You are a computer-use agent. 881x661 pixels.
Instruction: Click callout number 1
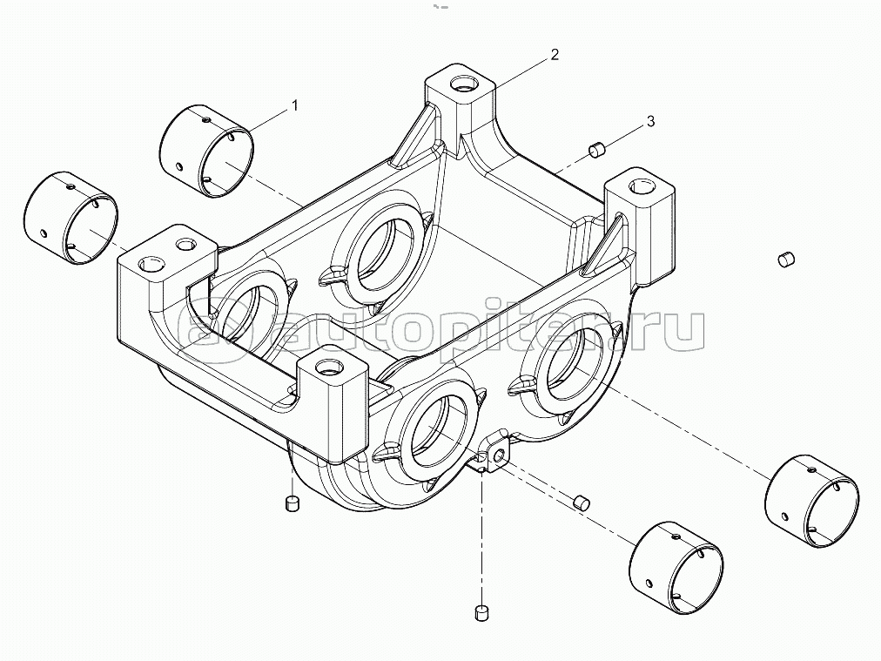pos(294,105)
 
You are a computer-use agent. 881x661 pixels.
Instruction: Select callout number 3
pos(649,122)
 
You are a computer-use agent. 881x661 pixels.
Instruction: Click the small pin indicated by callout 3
pos(597,151)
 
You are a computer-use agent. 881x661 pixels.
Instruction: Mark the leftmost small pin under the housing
pos(293,502)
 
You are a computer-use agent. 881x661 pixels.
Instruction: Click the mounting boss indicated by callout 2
pos(460,100)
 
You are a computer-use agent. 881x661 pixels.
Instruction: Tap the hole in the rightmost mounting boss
pos(641,185)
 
